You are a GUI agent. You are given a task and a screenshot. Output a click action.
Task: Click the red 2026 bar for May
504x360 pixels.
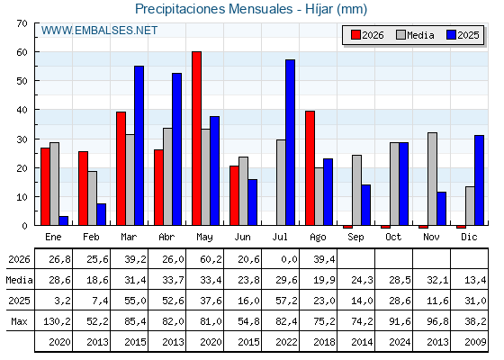coord(197,139)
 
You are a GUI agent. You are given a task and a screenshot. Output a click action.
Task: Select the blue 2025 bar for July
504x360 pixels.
coord(290,142)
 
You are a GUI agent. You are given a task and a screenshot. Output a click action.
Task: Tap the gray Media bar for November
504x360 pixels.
coord(432,179)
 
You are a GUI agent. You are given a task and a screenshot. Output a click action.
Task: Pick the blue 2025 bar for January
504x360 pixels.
coord(63,220)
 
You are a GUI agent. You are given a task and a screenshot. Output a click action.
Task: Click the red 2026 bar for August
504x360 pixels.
coord(310,168)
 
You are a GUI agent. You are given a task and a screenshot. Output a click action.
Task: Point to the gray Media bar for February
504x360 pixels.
coord(92,198)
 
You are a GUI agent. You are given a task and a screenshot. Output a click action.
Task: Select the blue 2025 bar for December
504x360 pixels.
coord(479,180)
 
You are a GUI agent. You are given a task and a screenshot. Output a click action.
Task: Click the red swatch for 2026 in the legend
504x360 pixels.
coord(355,35)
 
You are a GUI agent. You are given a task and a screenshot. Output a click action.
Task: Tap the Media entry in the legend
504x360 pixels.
coord(415,35)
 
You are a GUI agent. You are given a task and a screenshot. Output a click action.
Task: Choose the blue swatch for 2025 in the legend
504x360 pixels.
coord(451,35)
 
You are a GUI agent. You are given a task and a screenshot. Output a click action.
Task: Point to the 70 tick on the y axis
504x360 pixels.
coord(22,23)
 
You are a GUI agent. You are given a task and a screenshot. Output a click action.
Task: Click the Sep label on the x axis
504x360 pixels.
coord(355,238)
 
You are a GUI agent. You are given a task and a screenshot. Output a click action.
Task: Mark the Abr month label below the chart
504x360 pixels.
coord(166,237)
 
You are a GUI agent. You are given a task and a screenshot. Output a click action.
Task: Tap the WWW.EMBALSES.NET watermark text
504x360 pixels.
coord(99,31)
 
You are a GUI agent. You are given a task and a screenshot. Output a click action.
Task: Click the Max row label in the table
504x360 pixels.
coord(19,321)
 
